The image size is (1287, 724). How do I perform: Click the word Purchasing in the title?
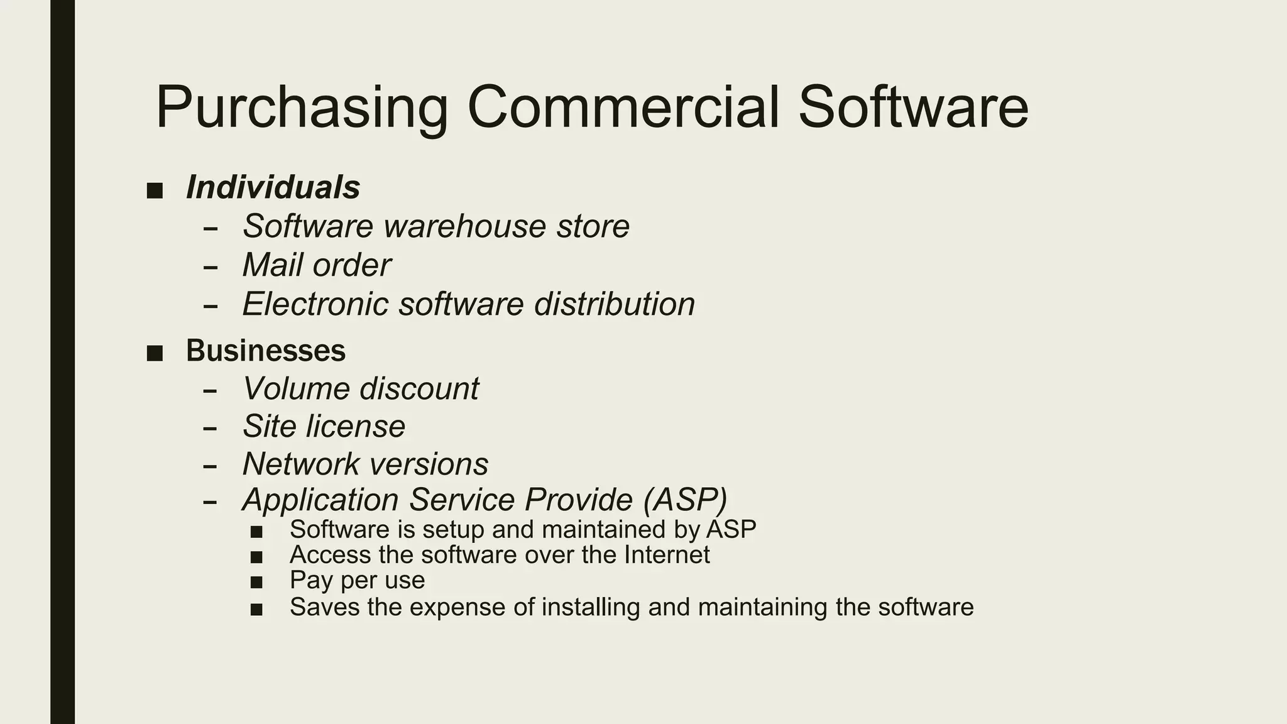click(x=302, y=108)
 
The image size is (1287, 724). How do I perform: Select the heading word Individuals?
click(x=273, y=187)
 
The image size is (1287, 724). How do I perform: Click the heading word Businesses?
click(x=265, y=351)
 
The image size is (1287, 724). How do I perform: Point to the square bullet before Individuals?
click(x=155, y=190)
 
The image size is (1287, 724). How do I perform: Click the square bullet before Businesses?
click(x=155, y=353)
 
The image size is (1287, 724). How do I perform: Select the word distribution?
click(x=615, y=304)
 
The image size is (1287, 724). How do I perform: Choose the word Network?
click(x=300, y=464)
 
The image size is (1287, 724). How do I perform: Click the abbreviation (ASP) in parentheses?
click(x=685, y=500)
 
